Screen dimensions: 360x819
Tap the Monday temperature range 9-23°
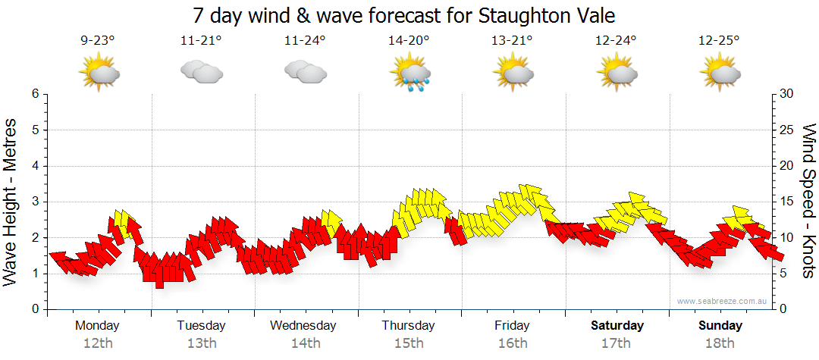[97, 41]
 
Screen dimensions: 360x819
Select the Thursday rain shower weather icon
[409, 74]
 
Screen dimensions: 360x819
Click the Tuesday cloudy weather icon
[201, 73]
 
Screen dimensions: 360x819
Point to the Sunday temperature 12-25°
[719, 41]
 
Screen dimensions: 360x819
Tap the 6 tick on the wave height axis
[34, 94]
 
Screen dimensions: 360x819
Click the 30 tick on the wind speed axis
[786, 94]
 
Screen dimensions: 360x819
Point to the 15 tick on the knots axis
[786, 202]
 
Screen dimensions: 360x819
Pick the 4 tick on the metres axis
[34, 166]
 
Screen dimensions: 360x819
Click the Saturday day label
[617, 326]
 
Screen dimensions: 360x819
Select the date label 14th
[305, 343]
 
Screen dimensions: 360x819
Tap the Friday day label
[513, 326]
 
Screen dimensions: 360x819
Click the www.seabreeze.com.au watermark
[722, 301]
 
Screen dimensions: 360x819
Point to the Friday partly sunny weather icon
[513, 73]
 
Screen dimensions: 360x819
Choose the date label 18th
[720, 343]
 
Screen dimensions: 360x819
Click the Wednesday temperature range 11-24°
[305, 41]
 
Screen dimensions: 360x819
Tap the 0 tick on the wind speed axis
[782, 309]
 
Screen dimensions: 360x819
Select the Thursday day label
[408, 326]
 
